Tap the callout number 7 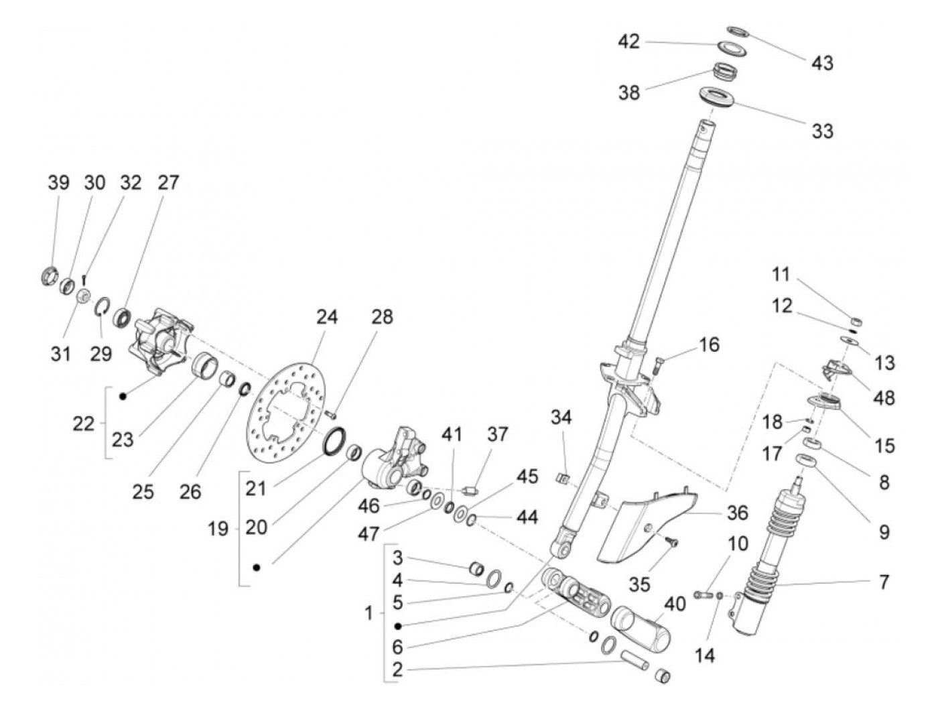[x=884, y=582]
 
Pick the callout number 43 [x=822, y=62]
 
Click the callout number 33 [x=822, y=130]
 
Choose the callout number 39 [x=58, y=182]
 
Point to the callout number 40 [x=675, y=604]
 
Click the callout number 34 [x=561, y=418]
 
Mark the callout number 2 [x=397, y=669]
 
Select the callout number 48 [x=884, y=397]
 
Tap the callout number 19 [x=218, y=529]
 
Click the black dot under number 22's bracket [x=123, y=397]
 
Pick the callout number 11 [x=781, y=274]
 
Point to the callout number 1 [x=368, y=613]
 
